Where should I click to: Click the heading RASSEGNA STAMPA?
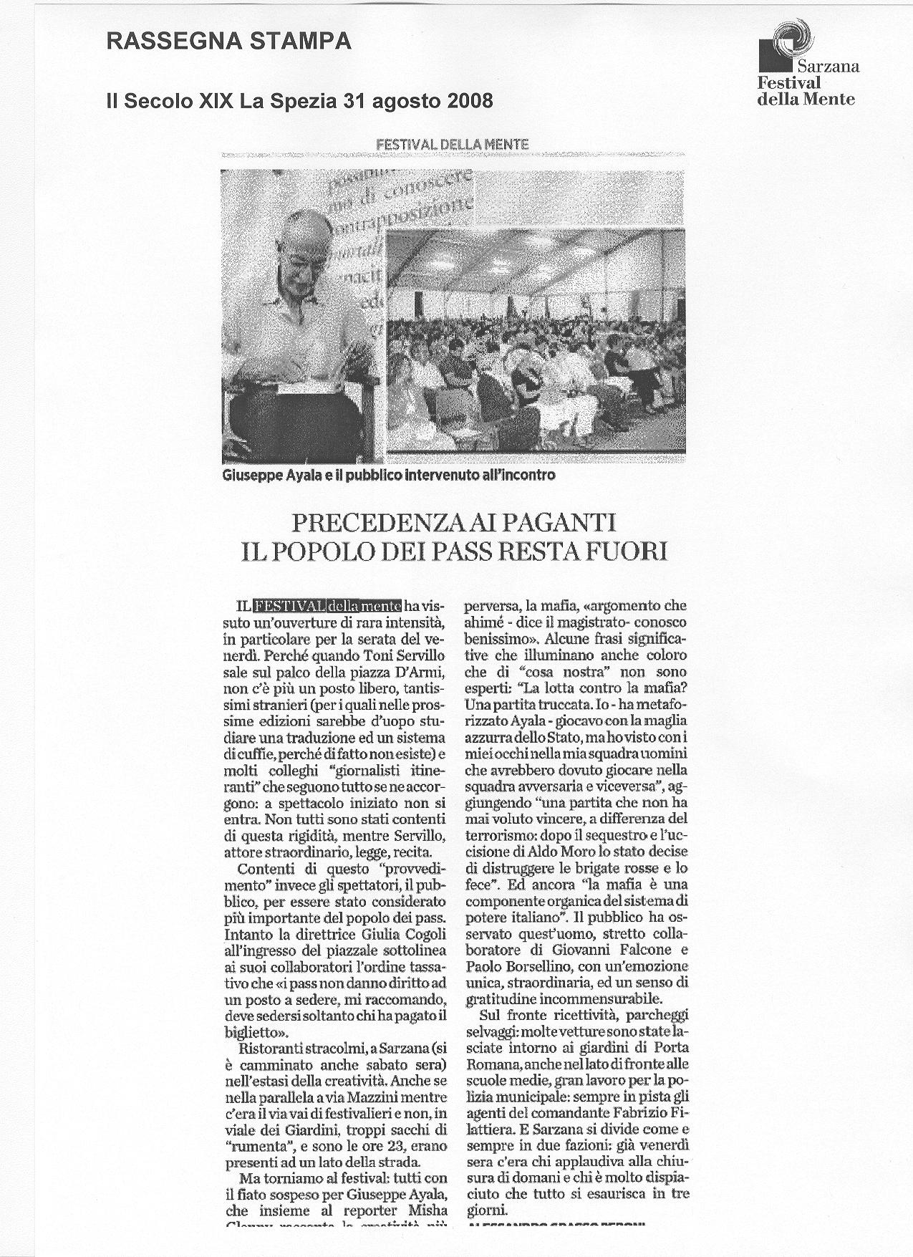click(228, 42)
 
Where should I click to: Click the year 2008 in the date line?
click(469, 101)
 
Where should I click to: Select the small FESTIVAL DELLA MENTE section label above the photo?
click(453, 144)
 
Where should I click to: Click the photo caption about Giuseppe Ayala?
click(390, 474)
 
